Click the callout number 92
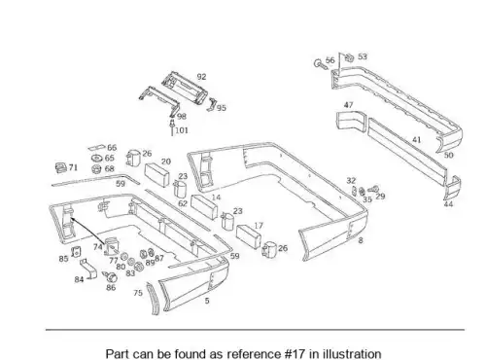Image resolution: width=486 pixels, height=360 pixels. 201,77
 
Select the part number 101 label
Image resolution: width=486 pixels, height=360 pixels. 182,130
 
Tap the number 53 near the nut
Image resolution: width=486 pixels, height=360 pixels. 363,56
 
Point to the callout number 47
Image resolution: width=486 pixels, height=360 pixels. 348,105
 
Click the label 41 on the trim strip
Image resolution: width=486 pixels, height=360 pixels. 417,140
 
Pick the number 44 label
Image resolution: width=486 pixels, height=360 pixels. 448,204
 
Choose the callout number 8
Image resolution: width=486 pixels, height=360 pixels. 361,240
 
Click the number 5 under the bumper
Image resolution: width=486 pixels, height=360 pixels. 207,301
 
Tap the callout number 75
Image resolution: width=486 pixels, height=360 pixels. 138,293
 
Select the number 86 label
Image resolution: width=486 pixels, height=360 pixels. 111,287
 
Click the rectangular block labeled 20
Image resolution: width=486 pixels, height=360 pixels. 156,175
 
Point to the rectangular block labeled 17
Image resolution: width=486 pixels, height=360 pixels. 249,236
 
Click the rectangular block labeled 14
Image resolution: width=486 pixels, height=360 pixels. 204,207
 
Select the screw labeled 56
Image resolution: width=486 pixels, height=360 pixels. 320,63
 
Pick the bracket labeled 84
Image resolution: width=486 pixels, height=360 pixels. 88,269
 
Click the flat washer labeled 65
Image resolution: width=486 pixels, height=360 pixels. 96,159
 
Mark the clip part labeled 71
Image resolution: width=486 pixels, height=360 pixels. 60,167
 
